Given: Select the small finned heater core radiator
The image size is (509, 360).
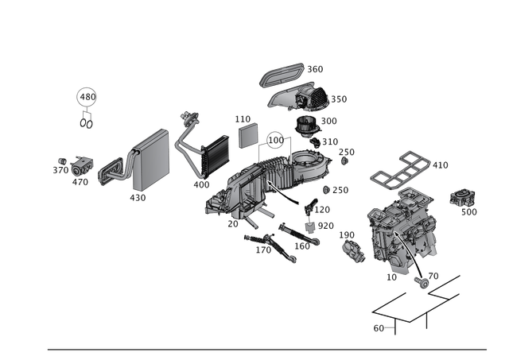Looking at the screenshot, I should (x=212, y=154).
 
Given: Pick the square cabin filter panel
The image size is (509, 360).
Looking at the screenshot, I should (x=247, y=132).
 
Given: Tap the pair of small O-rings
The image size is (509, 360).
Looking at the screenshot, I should (x=85, y=122).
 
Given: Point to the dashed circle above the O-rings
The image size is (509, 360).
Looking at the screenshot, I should (x=85, y=97).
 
